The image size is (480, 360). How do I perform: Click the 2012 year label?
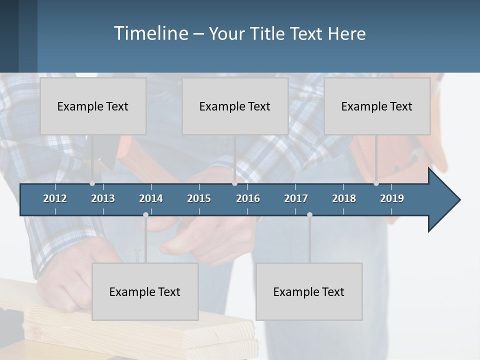[x=55, y=198]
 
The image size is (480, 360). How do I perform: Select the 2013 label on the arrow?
[x=103, y=198]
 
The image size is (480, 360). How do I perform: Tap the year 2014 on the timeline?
[x=151, y=198]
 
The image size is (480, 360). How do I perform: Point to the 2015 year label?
[x=199, y=198]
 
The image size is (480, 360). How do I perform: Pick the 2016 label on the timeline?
[x=248, y=198]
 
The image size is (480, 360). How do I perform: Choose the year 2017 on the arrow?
[x=296, y=198]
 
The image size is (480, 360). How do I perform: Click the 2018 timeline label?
[x=344, y=198]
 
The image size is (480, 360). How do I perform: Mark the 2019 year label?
[x=392, y=198]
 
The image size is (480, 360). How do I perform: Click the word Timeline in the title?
[x=150, y=33]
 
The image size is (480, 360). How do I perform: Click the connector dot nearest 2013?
[x=92, y=183]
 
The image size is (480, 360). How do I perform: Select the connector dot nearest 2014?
[x=145, y=215]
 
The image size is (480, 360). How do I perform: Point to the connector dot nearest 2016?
[x=235, y=183]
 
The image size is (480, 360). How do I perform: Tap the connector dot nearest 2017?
[x=309, y=215]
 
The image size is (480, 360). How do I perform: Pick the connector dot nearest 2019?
[x=376, y=183]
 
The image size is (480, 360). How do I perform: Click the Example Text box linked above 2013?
[x=93, y=106]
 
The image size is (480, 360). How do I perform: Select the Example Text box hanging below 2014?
[x=145, y=291]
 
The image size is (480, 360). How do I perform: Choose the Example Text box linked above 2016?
[x=235, y=106]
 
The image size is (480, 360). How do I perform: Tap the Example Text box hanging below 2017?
[x=309, y=291]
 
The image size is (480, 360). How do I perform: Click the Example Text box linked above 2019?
[x=377, y=106]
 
